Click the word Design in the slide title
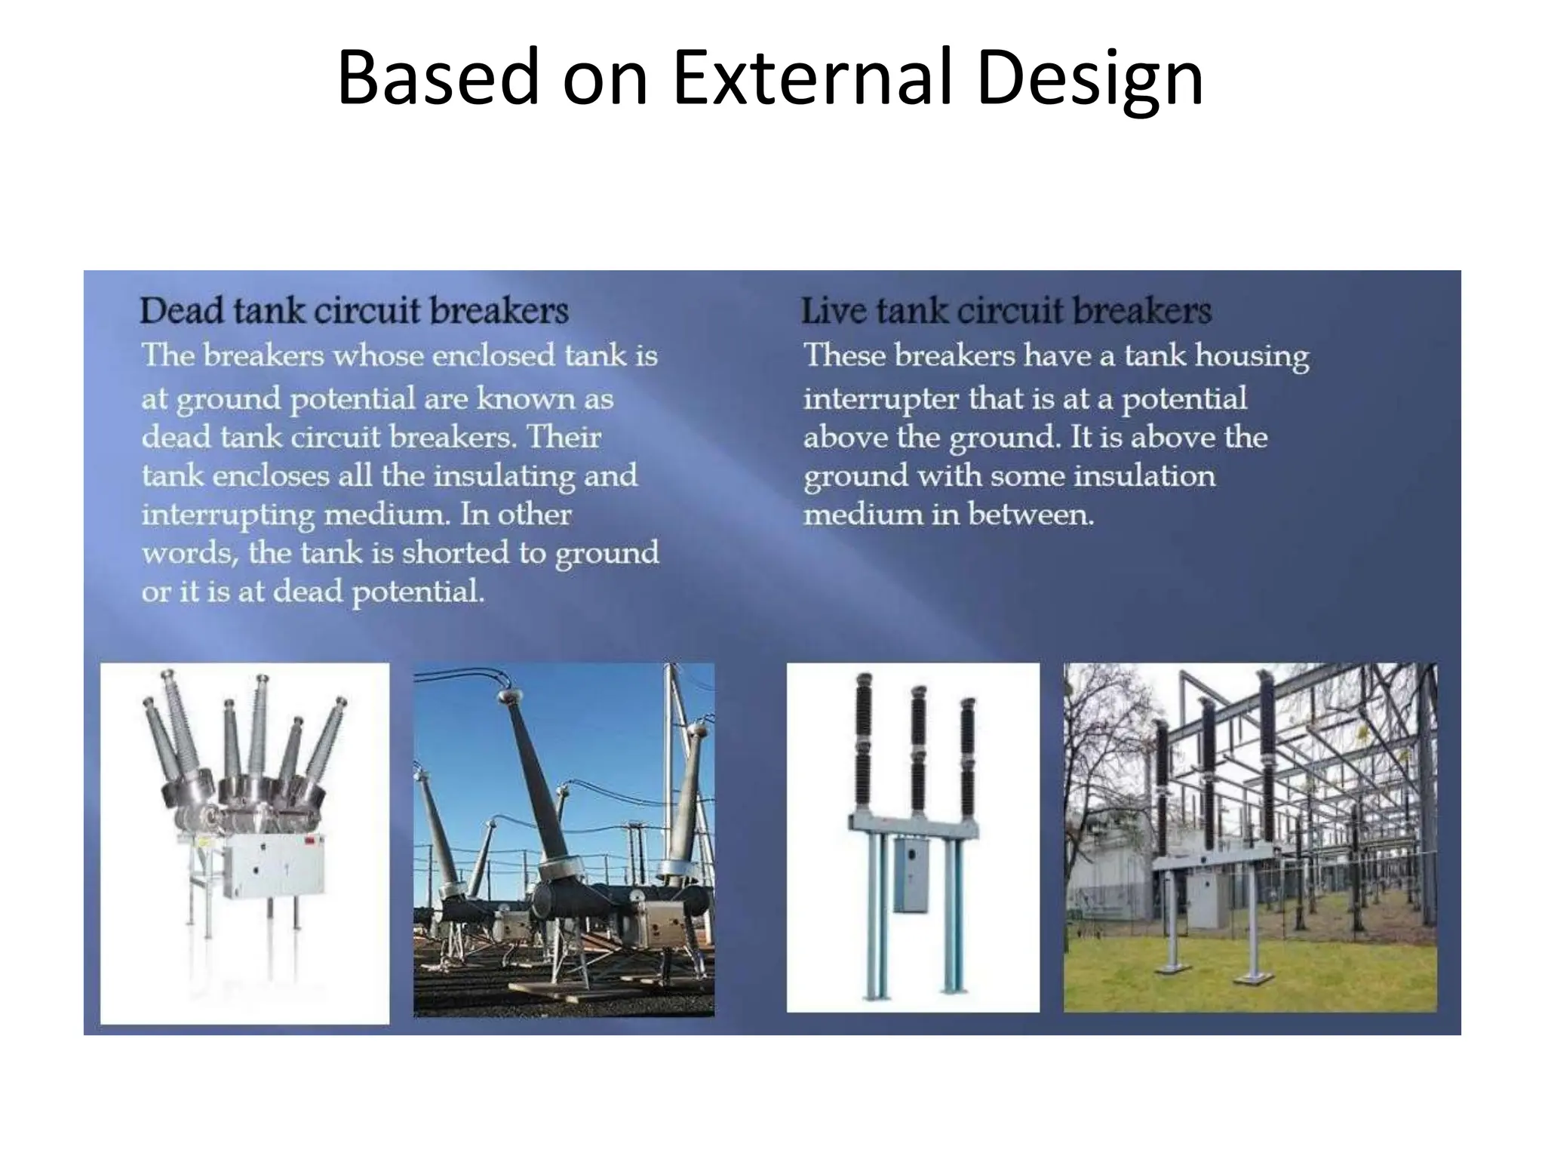(x=1089, y=78)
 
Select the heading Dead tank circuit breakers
(x=354, y=312)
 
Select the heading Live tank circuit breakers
(x=1006, y=312)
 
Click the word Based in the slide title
(x=438, y=78)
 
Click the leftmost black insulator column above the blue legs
(x=865, y=743)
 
